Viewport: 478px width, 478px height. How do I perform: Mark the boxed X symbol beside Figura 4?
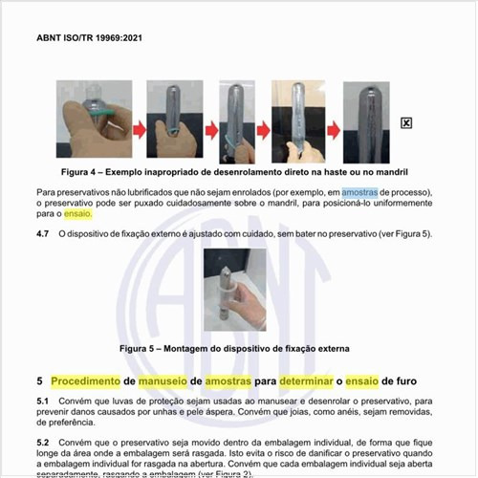point(406,122)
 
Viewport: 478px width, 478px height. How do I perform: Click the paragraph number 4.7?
point(43,232)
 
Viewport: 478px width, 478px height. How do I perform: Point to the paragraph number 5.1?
point(43,399)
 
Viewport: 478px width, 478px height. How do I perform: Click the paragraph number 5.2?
point(43,442)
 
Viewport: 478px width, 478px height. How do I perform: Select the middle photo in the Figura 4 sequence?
point(231,122)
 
